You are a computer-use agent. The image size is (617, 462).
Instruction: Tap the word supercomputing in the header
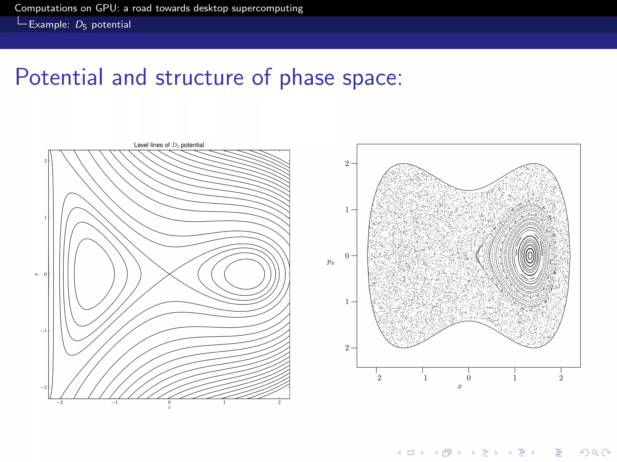[267, 8]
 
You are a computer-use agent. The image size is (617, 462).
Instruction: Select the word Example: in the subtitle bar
[49, 25]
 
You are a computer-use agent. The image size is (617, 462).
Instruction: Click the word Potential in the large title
[59, 77]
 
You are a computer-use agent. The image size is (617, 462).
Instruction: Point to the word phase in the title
[307, 78]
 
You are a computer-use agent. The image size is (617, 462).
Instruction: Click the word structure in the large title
[199, 77]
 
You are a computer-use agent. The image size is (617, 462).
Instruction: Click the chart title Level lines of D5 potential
[169, 145]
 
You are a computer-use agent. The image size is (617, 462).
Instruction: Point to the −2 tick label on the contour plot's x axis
[60, 402]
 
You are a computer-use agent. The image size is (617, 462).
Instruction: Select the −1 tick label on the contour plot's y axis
[43, 331]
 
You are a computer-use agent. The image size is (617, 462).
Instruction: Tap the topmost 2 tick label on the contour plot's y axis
[45, 161]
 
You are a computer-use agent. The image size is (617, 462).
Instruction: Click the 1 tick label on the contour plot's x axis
[224, 402]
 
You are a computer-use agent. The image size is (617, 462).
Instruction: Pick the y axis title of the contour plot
[36, 274]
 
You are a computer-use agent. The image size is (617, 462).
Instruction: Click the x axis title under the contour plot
[169, 408]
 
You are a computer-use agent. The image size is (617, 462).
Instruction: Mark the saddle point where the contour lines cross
[170, 274]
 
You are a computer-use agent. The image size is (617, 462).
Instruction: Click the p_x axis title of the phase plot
[330, 262]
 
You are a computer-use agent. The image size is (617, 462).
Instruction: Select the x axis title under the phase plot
[459, 387]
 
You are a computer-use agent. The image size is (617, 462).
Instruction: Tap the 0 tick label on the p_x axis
[347, 256]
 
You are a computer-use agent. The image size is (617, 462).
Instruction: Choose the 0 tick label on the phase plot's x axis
[468, 378]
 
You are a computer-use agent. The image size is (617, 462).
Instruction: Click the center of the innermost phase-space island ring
[530, 256]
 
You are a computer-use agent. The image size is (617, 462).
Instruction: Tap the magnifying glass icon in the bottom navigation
[595, 452]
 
